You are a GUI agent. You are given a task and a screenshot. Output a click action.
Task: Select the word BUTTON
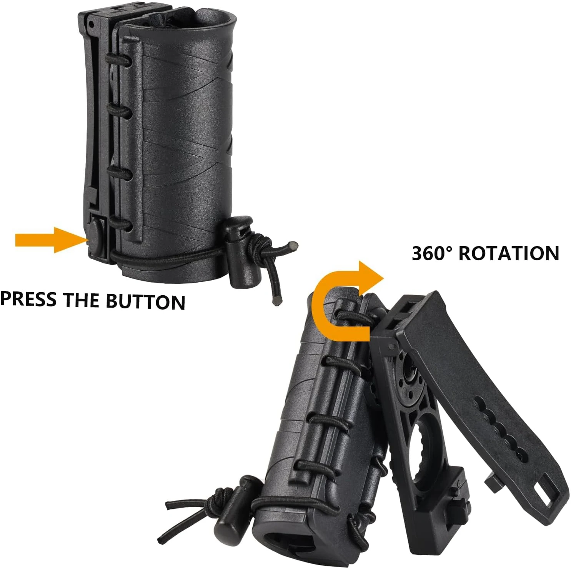coord(145,301)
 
